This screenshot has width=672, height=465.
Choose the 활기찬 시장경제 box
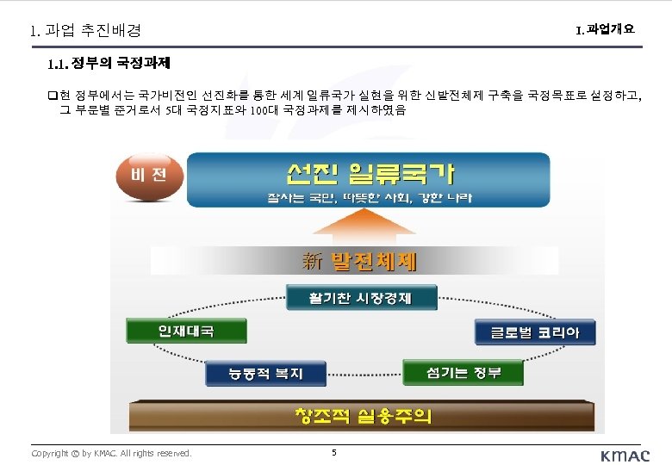(361, 298)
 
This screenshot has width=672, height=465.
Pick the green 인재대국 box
(186, 331)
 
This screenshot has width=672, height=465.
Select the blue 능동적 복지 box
(265, 374)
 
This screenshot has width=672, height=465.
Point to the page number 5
(333, 451)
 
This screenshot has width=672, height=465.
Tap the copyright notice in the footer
(111, 452)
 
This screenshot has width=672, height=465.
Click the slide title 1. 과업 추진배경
(84, 30)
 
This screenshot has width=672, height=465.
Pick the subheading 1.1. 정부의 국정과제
(109, 63)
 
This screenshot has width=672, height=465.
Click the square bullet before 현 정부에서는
(53, 95)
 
